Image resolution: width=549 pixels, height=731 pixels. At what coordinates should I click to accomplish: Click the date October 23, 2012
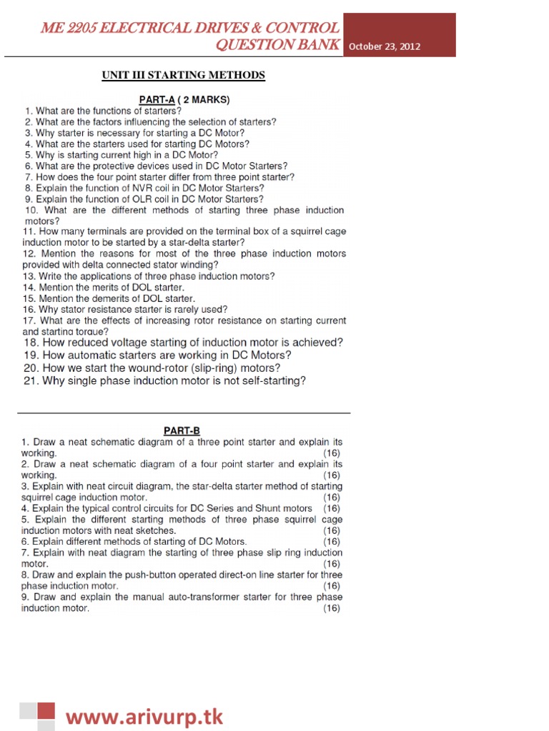[x=385, y=47]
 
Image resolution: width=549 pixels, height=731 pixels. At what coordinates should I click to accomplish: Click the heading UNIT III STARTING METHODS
[x=184, y=76]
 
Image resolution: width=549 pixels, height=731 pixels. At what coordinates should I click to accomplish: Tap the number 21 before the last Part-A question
[x=30, y=381]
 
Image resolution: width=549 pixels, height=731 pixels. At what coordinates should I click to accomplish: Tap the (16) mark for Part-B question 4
[x=332, y=508]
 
